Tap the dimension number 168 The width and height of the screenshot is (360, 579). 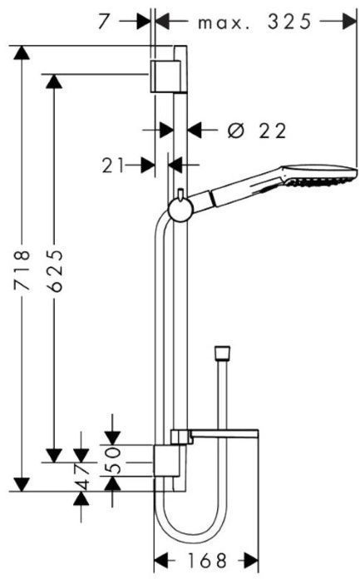pos(207,561)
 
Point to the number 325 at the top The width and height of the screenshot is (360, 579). pos(289,22)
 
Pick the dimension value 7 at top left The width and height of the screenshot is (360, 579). pos(104,22)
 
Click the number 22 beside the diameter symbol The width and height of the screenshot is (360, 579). pos(273,131)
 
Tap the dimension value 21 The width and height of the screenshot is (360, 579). pos(113,166)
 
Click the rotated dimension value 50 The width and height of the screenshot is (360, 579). pos(112,460)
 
